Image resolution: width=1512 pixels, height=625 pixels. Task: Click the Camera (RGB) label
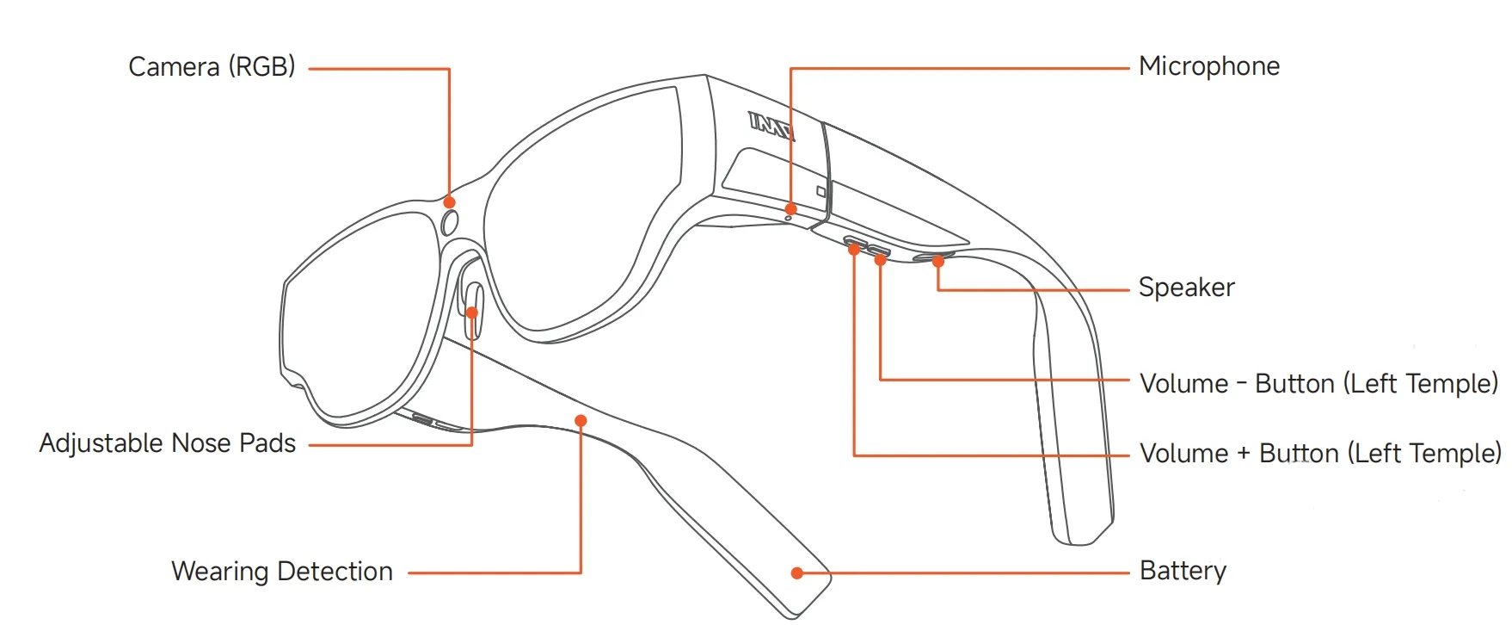click(x=212, y=67)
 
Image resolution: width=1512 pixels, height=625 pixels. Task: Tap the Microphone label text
click(x=1208, y=66)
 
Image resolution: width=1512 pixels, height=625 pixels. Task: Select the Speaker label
click(x=1186, y=288)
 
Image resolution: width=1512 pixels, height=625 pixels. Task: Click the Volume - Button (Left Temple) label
click(x=1318, y=383)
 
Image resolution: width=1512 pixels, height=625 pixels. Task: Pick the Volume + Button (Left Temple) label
click(x=1320, y=453)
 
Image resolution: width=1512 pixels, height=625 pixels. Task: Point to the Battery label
click(x=1183, y=571)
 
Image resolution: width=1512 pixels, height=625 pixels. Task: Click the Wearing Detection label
click(x=282, y=572)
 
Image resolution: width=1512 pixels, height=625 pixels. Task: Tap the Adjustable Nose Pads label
click(x=168, y=443)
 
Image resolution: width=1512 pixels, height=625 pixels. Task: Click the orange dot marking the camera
click(x=449, y=202)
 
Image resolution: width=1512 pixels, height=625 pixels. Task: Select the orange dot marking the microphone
click(x=790, y=208)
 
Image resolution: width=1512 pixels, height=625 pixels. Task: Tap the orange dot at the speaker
click(x=938, y=261)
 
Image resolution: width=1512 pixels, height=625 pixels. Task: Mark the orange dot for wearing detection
click(x=581, y=420)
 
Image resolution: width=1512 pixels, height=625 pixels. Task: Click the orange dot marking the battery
click(x=797, y=572)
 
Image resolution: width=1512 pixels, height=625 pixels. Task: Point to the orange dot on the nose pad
click(x=471, y=312)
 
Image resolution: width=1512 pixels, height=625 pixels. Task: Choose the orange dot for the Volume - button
click(x=880, y=259)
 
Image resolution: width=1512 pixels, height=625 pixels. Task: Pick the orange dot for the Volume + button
click(x=854, y=250)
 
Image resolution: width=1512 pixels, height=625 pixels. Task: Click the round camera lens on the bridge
click(x=450, y=223)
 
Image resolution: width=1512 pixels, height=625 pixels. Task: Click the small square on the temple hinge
click(x=821, y=191)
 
